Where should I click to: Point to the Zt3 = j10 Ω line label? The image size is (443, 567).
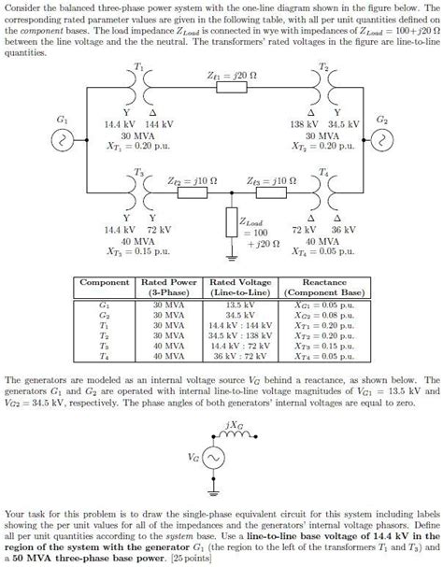pos(267,181)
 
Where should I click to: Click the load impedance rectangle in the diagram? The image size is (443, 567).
pos(230,223)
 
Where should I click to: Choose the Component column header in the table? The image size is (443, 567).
pos(104,282)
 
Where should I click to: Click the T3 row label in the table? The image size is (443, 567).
pos(104,346)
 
